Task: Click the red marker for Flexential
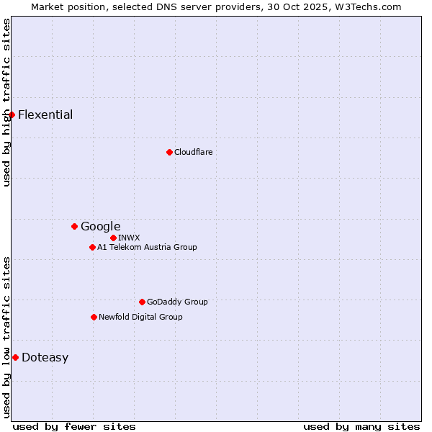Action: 12,114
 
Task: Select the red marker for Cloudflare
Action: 169,152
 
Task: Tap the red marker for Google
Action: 74,226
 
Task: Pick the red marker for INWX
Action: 113,238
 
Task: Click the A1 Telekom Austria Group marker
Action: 92,247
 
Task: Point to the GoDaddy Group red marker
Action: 142,302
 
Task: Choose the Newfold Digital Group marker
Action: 94,317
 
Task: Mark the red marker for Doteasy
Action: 15,357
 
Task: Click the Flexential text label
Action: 45,114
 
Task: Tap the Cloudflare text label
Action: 193,152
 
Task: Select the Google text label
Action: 100,226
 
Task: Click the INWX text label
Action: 129,238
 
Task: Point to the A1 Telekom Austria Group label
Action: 147,247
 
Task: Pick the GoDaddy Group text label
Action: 177,302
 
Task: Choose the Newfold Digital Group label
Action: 140,317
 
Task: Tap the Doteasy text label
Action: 45,357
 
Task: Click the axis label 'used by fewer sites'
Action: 74,426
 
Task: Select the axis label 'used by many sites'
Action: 361,426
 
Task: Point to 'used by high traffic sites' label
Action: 6,102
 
